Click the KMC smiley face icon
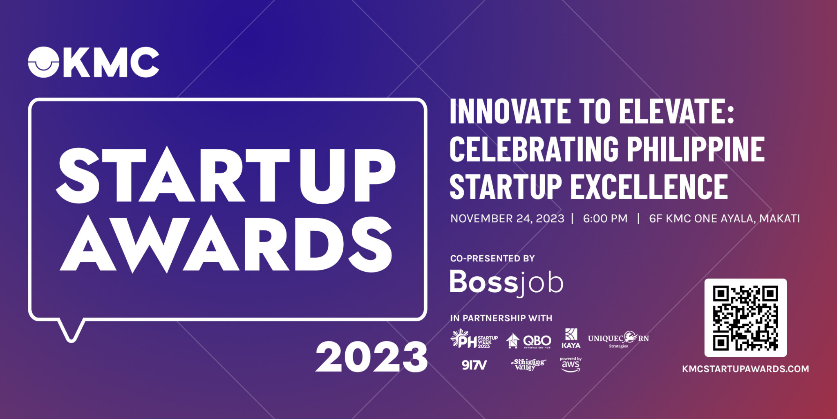(x=44, y=62)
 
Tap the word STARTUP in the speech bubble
(x=226, y=176)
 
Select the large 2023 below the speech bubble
(x=371, y=357)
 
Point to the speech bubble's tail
(x=72, y=330)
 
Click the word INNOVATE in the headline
(x=510, y=111)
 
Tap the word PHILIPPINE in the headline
(x=696, y=149)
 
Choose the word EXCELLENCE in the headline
(x=649, y=187)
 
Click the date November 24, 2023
(x=507, y=219)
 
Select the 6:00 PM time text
(x=605, y=219)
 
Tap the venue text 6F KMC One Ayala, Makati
(x=724, y=219)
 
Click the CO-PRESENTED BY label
(x=492, y=258)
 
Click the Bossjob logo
(x=506, y=282)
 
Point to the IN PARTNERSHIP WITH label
(x=501, y=318)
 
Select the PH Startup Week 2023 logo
(x=474, y=339)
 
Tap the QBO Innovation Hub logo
(x=528, y=340)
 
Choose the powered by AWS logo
(x=571, y=365)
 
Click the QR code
(x=745, y=318)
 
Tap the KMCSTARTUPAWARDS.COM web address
(x=745, y=369)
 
